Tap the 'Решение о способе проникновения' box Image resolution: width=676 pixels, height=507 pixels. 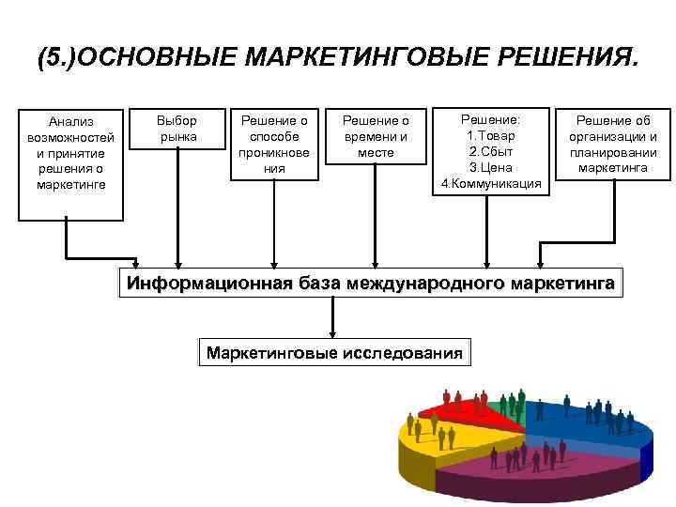(274, 144)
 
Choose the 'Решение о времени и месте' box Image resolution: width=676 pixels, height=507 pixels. (376, 136)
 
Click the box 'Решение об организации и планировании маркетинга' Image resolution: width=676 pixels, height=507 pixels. (612, 144)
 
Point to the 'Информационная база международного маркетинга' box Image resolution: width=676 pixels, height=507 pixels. (372, 283)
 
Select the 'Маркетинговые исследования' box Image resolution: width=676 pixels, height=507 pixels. (335, 354)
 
